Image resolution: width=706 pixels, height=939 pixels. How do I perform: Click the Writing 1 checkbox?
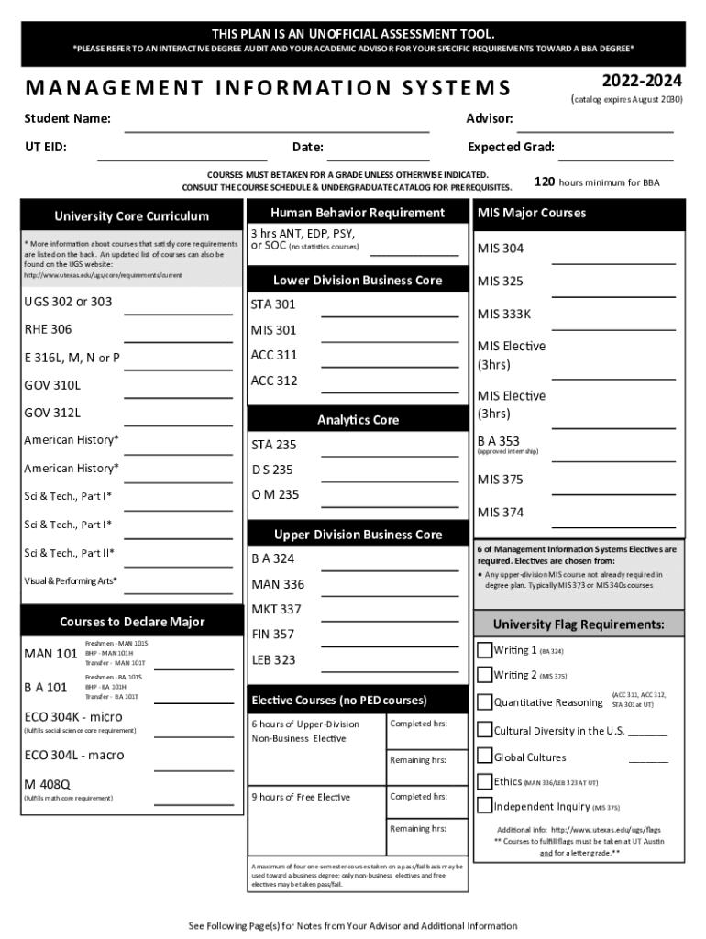click(485, 651)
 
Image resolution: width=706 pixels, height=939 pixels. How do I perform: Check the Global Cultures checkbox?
click(485, 757)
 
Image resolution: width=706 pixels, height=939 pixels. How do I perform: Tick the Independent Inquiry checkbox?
click(485, 806)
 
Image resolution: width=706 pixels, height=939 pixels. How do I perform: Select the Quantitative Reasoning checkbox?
click(485, 703)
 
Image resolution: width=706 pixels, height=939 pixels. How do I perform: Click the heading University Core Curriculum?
click(132, 216)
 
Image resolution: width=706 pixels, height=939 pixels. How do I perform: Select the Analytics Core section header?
click(358, 420)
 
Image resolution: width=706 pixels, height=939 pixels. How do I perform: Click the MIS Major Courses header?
click(531, 213)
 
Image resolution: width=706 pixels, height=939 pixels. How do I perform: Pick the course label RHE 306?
click(48, 329)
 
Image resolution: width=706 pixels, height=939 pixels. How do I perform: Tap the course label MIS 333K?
click(503, 315)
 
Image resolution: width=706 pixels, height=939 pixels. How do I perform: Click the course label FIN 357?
click(273, 634)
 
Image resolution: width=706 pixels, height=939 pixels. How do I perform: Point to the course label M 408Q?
click(48, 784)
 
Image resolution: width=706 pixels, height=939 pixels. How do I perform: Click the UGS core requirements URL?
click(103, 275)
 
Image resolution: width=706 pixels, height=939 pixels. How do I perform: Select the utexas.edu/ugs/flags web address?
click(605, 830)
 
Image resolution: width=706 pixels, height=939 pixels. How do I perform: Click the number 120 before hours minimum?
click(544, 182)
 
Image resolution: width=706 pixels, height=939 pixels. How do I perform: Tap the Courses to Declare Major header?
click(132, 622)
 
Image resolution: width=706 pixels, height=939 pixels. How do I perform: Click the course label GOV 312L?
click(52, 413)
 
